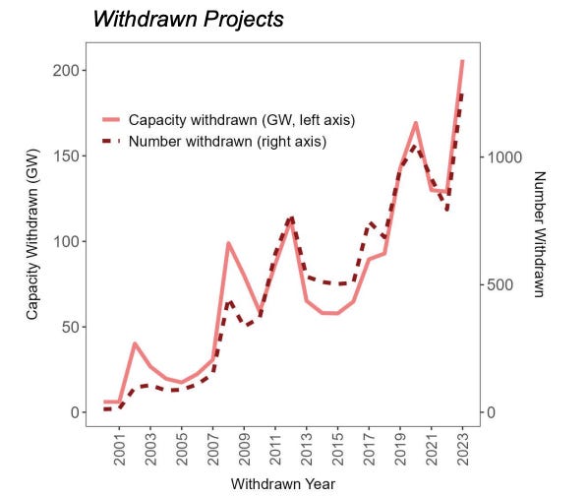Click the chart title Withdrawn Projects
[189, 19]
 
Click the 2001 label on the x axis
[120, 449]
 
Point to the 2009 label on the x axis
[245, 449]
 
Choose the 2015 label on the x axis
[338, 449]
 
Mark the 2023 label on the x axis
[463, 449]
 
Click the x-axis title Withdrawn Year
[283, 484]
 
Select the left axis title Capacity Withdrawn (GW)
[31, 241]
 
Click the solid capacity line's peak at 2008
[228, 243]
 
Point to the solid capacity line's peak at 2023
[462, 61]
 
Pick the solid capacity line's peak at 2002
[135, 343]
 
